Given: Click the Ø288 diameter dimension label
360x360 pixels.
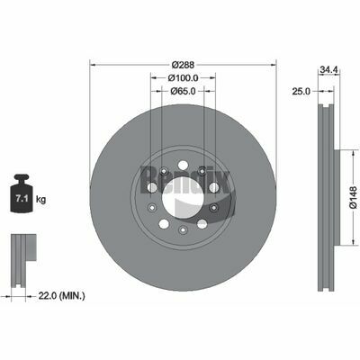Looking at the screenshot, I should pos(184,65).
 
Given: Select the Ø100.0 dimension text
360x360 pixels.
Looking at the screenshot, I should pos(184,78).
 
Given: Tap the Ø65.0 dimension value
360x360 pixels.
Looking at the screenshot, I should pos(184,91).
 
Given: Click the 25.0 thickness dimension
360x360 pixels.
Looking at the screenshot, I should pos(301,91).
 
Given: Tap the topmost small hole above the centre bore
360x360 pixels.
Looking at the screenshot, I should pos(184,165).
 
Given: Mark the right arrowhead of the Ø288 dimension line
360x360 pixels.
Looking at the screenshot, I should pos(274,65).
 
